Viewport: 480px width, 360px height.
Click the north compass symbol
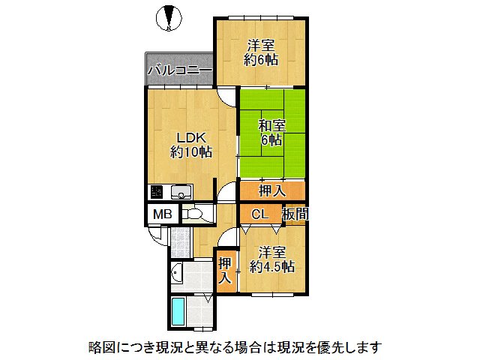point(169,16)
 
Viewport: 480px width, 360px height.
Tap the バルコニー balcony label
point(179,71)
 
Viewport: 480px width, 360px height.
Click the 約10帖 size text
point(190,152)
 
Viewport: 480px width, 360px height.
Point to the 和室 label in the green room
point(271,124)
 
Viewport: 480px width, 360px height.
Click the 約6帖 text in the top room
point(260,59)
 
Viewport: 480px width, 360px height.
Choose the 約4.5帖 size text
point(272,266)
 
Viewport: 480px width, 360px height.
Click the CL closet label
point(259,214)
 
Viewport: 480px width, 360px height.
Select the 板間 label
point(294,214)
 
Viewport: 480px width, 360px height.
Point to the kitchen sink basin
point(181,191)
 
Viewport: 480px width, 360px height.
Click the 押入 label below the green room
point(272,191)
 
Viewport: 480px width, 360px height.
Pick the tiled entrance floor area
point(178,241)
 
